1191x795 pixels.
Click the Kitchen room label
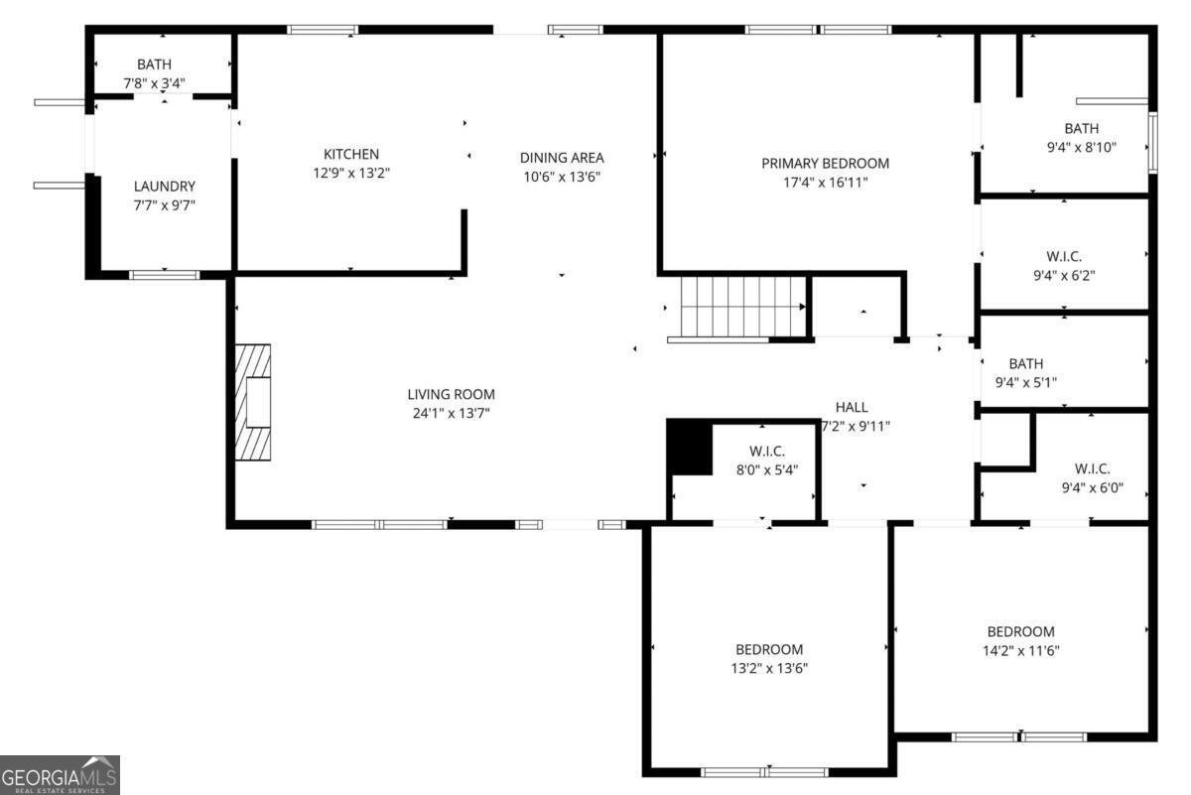350,154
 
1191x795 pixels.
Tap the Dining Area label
562,157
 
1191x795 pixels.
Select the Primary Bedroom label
825,163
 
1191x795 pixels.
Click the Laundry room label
165,186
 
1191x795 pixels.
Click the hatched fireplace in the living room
253,401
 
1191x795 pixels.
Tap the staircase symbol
741,307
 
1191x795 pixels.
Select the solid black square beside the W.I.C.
689,448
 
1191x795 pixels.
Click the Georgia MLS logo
60,774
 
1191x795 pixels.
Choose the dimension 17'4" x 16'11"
825,182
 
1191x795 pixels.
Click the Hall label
851,407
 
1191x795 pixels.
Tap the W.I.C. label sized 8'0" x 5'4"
767,451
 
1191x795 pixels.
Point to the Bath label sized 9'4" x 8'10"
1081,128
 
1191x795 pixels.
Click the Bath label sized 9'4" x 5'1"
1025,363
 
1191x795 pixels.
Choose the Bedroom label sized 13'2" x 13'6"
769,649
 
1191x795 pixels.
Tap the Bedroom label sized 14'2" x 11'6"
1020,631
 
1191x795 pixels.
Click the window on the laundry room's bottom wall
165,275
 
